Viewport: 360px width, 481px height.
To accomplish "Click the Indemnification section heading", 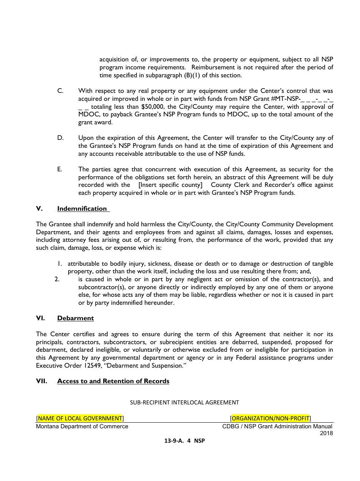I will point(82,208).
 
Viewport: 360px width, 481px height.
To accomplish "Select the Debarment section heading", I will point(75,318).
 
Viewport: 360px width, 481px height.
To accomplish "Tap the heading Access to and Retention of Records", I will point(113,381).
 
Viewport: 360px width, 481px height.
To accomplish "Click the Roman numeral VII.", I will point(42,381).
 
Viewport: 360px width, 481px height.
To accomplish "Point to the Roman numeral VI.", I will point(40,318).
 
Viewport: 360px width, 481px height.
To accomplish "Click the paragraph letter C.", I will point(60,91).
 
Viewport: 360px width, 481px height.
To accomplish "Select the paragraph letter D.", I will point(60,138).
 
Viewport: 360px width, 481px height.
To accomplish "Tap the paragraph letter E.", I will point(59,169).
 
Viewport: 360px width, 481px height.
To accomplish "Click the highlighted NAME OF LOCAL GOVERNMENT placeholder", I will point(80,418).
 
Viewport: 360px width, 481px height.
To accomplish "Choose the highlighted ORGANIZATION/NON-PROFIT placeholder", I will point(270,418).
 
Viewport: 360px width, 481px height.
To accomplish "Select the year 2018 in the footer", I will point(326,433).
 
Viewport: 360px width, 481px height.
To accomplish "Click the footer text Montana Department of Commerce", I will point(82,426).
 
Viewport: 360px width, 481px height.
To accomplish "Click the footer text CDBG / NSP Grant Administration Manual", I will point(277,426).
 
